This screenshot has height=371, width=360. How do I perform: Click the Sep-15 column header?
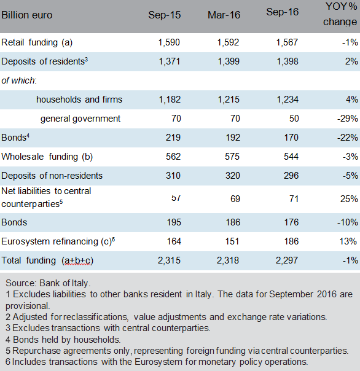click(165, 15)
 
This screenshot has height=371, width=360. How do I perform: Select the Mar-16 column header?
click(224, 15)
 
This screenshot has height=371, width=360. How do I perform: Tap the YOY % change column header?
click(340, 14)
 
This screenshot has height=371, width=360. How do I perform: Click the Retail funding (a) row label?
click(37, 42)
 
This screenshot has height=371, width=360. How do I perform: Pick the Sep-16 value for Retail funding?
click(287, 42)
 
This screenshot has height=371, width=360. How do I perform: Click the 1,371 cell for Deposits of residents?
click(169, 61)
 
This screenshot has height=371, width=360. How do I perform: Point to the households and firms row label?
click(79, 100)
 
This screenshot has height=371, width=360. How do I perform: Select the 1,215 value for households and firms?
click(229, 100)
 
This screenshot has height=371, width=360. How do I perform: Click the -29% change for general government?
click(348, 119)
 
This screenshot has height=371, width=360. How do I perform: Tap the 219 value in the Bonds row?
click(173, 138)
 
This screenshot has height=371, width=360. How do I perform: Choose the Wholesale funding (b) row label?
click(47, 157)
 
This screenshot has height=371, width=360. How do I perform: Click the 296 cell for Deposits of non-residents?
click(291, 176)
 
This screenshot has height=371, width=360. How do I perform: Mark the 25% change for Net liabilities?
click(349, 199)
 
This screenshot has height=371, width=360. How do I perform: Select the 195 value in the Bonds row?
click(174, 222)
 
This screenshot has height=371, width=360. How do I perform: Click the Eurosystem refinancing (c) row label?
click(58, 241)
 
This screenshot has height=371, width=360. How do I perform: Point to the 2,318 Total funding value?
click(228, 260)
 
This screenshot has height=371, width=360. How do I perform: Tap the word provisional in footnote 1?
click(28, 306)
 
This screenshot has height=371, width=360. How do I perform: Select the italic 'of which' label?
click(18, 80)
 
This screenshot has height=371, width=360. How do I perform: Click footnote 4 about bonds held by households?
click(63, 340)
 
